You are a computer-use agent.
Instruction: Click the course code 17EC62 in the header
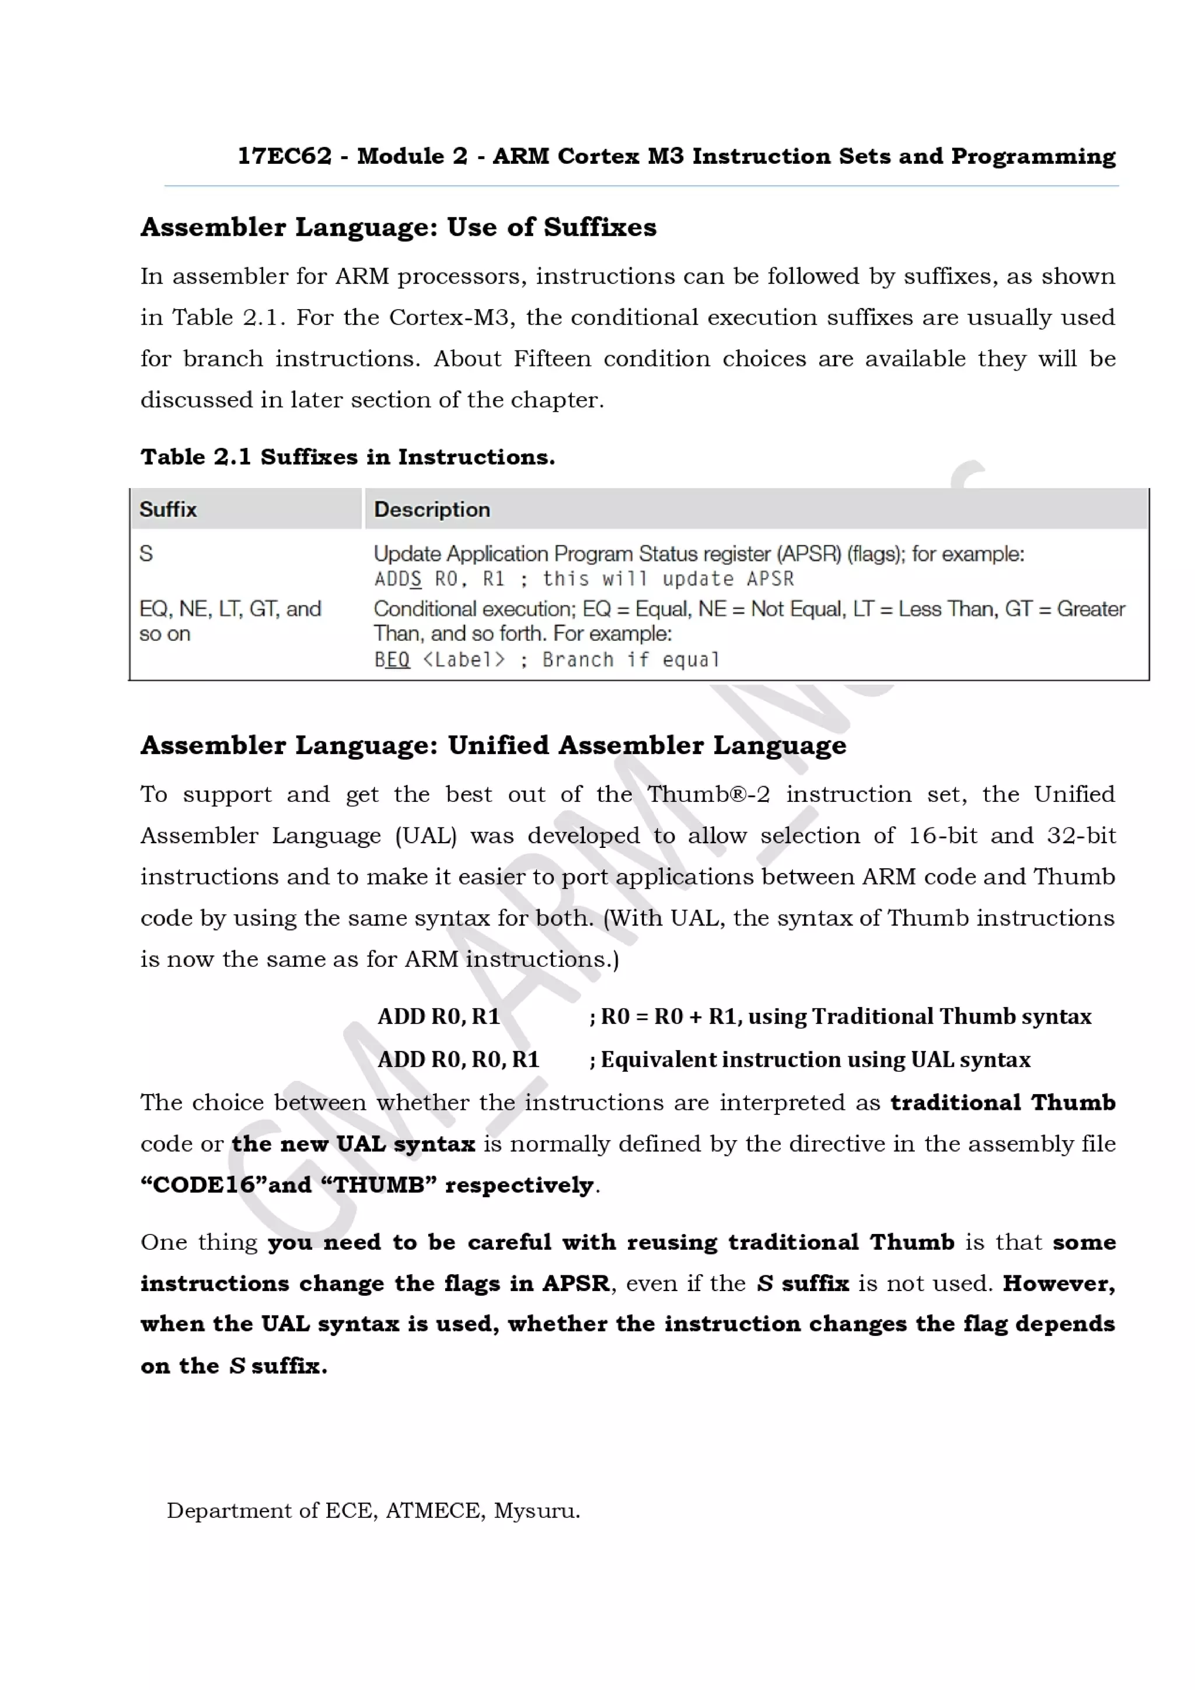(x=284, y=156)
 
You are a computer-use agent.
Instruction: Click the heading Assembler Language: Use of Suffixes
(x=397, y=227)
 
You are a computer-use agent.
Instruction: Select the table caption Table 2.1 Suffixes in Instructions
(x=348, y=457)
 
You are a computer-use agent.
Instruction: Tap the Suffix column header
(x=168, y=509)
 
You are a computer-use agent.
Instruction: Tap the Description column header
(x=431, y=509)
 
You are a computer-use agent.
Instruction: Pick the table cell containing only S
(x=146, y=553)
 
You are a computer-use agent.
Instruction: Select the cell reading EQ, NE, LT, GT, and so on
(x=230, y=620)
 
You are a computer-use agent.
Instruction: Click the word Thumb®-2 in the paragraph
(x=708, y=794)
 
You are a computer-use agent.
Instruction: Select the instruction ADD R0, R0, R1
(x=458, y=1059)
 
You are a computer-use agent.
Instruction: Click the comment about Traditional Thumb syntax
(x=840, y=1016)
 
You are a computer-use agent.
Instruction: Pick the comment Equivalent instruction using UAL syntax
(x=809, y=1059)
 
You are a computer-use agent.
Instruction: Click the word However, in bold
(x=1058, y=1283)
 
